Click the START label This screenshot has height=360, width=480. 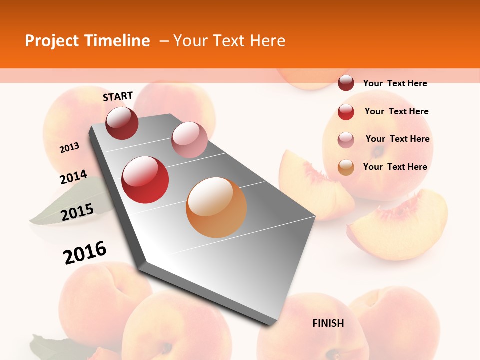(x=118, y=96)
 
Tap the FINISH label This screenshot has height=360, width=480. (x=328, y=323)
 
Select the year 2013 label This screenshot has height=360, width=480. (x=69, y=148)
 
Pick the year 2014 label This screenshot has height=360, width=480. (x=73, y=177)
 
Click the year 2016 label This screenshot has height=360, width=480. (x=85, y=252)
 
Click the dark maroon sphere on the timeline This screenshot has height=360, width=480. (x=122, y=123)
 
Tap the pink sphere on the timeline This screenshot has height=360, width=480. (x=189, y=140)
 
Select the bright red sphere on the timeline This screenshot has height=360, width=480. (x=145, y=180)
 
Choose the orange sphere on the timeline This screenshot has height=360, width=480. (x=216, y=207)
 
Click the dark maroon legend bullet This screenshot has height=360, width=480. (x=346, y=83)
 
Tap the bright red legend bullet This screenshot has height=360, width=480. (x=346, y=112)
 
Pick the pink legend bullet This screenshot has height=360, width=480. (x=346, y=140)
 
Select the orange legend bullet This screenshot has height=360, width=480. (x=346, y=167)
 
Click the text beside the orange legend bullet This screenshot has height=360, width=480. (x=395, y=167)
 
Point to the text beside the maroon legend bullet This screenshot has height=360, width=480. (x=395, y=83)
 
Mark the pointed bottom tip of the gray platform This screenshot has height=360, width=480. (x=270, y=325)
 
